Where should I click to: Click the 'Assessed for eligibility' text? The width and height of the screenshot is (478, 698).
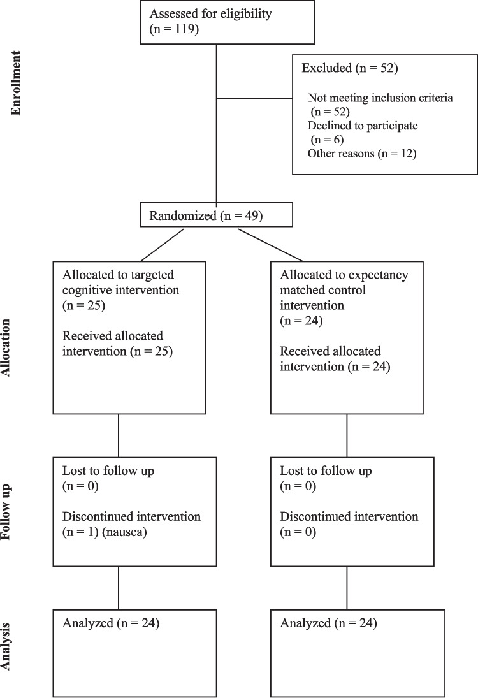click(x=210, y=14)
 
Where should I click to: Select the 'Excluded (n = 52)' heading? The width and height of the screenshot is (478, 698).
click(x=350, y=68)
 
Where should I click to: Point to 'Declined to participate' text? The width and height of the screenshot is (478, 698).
click(x=363, y=126)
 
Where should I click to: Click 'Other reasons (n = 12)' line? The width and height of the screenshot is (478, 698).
click(x=362, y=154)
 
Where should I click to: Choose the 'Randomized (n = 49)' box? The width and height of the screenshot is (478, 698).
click(x=216, y=215)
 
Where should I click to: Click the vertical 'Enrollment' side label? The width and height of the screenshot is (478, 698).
click(x=15, y=84)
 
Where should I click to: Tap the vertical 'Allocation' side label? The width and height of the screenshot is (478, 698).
click(x=5, y=348)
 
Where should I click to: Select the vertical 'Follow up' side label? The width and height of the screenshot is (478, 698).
click(x=5, y=512)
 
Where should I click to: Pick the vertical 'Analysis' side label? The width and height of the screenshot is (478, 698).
click(x=5, y=646)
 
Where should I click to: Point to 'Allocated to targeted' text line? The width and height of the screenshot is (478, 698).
click(x=118, y=275)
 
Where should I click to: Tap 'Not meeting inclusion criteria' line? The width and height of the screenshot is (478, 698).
click(x=380, y=98)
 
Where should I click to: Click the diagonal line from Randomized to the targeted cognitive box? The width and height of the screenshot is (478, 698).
click(x=162, y=245)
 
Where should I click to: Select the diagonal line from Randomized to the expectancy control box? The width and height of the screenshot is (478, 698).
click(x=271, y=245)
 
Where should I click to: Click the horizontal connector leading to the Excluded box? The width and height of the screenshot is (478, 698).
click(x=254, y=98)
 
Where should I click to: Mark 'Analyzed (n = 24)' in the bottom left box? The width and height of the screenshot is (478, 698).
click(x=111, y=623)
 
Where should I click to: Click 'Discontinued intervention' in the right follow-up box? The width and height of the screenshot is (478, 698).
click(x=349, y=516)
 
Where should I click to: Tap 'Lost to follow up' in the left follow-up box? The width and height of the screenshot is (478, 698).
click(x=108, y=470)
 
